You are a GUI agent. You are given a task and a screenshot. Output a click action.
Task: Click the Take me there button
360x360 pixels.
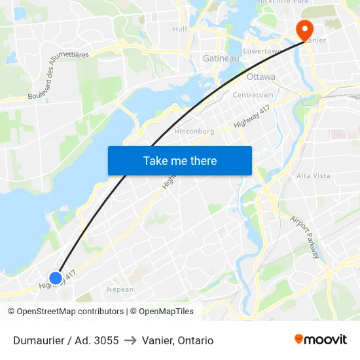coord(180,160)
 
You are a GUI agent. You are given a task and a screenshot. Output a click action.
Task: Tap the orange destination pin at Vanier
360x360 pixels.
coord(304,29)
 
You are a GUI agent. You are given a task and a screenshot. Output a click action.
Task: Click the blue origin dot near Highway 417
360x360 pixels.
coord(56,278)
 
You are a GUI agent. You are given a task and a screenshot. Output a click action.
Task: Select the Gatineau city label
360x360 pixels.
coord(221,58)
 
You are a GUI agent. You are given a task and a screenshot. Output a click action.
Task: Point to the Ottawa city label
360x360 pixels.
coord(261,77)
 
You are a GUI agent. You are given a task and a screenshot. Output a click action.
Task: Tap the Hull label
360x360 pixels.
coord(180,29)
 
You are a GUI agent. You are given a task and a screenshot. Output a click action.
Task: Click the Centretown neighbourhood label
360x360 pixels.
coord(253,95)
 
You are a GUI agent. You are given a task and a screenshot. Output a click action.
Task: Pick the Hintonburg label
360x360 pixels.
coord(194,131)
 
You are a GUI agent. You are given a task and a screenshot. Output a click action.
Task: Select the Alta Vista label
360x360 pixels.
coord(314,176)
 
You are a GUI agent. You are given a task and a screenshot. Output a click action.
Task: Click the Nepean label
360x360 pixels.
coord(120,289)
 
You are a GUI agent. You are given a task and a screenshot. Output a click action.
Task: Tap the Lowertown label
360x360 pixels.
coord(262,50)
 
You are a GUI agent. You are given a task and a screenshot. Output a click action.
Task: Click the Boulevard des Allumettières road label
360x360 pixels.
coord(59,76)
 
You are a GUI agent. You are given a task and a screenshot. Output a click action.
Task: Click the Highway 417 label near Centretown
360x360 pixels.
coord(252,116)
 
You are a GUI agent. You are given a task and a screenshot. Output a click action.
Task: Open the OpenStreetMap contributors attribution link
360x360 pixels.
coord(70,312)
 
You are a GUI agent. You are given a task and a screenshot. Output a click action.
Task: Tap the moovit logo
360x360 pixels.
coord(321,339)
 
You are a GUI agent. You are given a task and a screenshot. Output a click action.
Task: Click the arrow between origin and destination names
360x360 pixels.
coord(130,340)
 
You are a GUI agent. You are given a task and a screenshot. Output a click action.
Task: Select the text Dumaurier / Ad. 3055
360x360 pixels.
coord(66,340)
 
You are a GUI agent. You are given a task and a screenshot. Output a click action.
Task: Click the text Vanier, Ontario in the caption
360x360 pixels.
coord(177,340)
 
